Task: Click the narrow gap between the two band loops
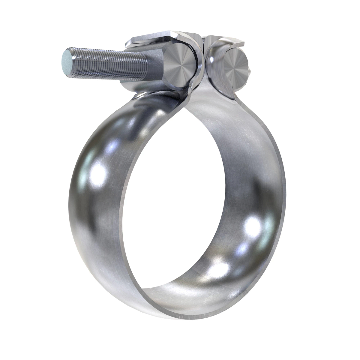205,60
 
